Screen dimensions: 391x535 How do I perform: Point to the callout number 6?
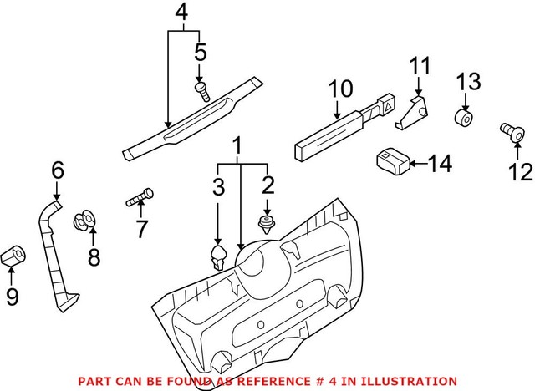click(57, 170)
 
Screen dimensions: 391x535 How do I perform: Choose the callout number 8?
click(94, 257)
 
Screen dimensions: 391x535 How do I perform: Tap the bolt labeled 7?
click(140, 200)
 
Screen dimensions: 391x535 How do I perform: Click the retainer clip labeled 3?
click(218, 257)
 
